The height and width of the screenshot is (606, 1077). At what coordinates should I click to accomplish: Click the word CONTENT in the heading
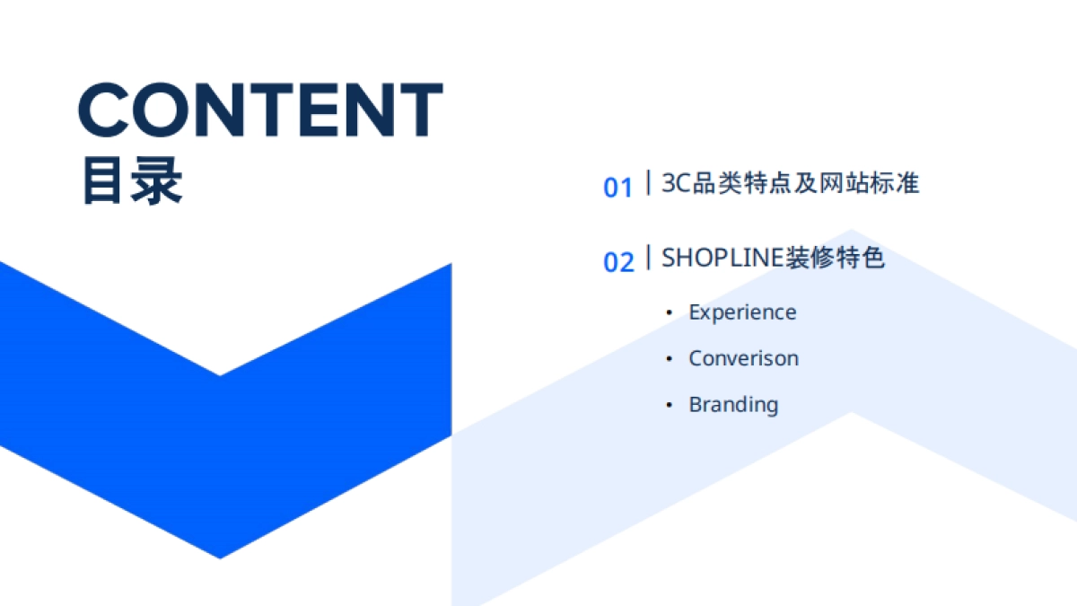(x=260, y=110)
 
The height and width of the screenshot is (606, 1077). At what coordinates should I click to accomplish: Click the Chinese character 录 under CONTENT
(x=157, y=182)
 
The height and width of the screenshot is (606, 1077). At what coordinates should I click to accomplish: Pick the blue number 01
(x=617, y=188)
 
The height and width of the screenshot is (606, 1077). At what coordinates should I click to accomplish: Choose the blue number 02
(x=617, y=262)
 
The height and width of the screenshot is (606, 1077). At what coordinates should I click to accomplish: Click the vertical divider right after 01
(x=648, y=183)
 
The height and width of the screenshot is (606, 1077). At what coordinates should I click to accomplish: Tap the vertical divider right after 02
(x=648, y=258)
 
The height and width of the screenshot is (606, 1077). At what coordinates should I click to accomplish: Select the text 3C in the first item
(x=675, y=183)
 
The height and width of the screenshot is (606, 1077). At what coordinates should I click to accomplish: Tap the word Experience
(x=742, y=312)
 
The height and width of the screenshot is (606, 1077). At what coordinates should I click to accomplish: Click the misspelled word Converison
(x=743, y=358)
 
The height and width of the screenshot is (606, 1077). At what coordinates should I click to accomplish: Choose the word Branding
(x=733, y=405)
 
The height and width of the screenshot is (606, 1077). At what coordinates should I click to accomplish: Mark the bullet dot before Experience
(x=669, y=312)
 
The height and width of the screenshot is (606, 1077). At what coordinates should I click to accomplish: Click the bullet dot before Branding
(x=669, y=405)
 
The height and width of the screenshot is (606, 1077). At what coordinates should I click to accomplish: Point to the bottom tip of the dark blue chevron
(x=220, y=556)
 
